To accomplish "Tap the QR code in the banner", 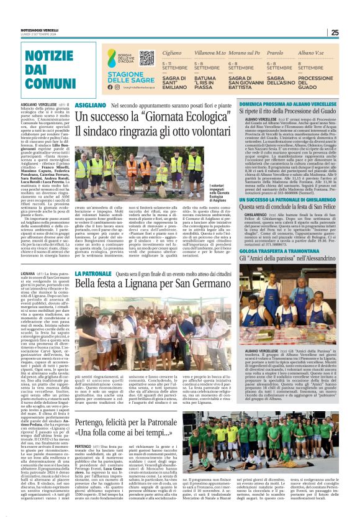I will (146, 58).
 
